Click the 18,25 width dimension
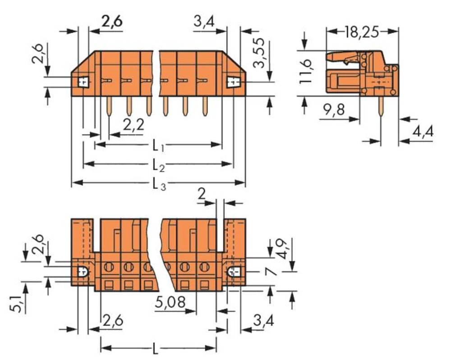click(x=362, y=32)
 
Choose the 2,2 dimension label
click(x=133, y=125)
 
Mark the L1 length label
click(x=157, y=145)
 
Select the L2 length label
click(x=158, y=164)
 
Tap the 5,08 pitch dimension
click(x=171, y=301)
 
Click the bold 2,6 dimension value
click(x=112, y=21)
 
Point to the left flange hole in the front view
click(x=83, y=82)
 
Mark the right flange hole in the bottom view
click(x=234, y=272)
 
